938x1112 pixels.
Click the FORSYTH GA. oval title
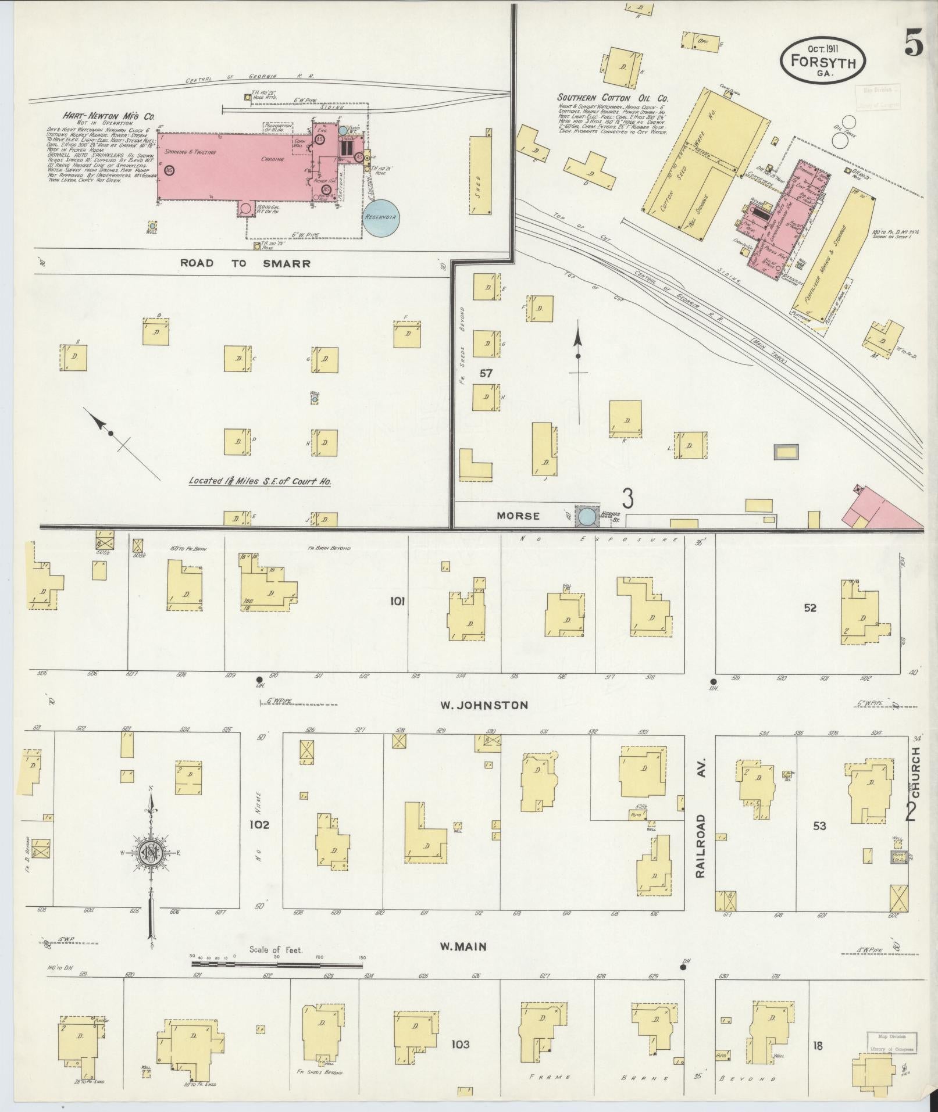tap(822, 59)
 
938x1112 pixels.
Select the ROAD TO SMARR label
tap(245, 263)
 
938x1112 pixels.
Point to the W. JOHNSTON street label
tap(484, 705)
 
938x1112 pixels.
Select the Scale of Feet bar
tap(277, 964)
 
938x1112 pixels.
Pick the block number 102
tap(259, 824)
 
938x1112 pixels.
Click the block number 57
tap(486, 373)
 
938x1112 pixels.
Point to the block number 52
tap(810, 608)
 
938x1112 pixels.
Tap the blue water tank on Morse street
tap(586, 516)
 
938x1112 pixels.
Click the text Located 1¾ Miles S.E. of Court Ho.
tap(260, 482)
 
